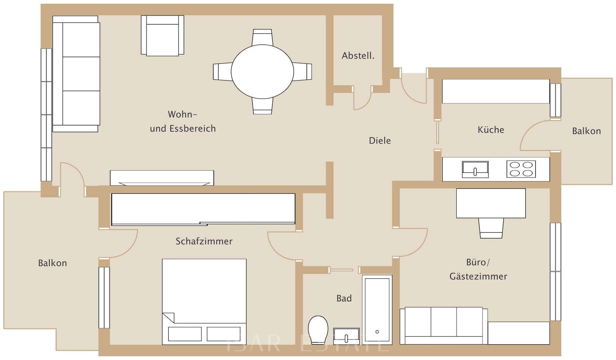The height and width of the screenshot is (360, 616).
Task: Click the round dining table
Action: click(x=262, y=72)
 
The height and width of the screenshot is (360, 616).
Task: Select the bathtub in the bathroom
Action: click(x=377, y=310)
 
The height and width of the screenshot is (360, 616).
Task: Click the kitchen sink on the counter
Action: click(x=475, y=169)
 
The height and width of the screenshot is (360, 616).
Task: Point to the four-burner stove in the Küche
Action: click(x=521, y=169)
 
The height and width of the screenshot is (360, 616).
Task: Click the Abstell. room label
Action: click(x=358, y=56)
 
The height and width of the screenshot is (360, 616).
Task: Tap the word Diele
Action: click(x=380, y=141)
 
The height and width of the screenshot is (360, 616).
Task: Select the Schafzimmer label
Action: click(x=204, y=241)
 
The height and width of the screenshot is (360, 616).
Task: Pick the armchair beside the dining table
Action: click(x=162, y=35)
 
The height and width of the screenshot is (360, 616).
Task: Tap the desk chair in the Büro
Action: click(x=491, y=228)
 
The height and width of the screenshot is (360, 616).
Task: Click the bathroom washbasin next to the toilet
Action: click(x=346, y=336)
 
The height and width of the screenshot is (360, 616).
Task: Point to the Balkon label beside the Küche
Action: click(x=586, y=131)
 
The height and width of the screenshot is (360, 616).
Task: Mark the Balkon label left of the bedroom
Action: click(x=52, y=263)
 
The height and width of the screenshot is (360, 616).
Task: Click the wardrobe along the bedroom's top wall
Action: click(x=203, y=209)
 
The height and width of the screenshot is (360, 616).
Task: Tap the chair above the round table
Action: click(x=262, y=37)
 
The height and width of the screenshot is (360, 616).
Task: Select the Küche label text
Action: click(x=491, y=130)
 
